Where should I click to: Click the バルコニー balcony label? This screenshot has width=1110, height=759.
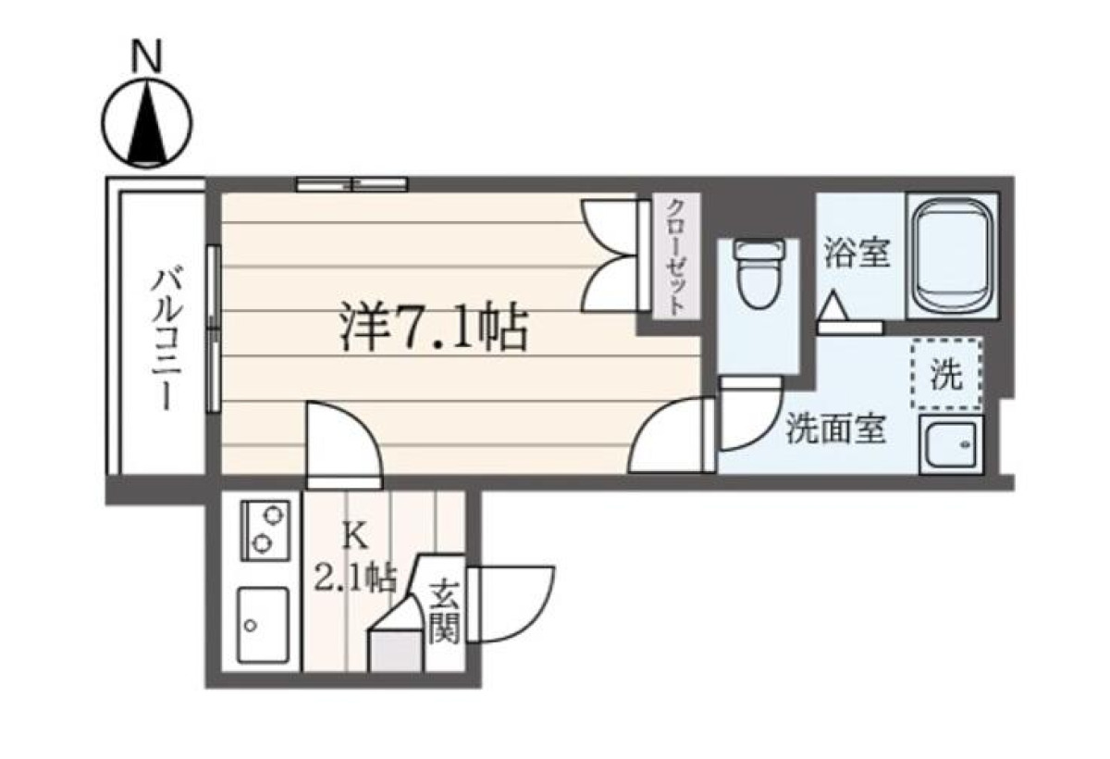[167, 339]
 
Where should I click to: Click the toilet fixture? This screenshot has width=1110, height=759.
[759, 274]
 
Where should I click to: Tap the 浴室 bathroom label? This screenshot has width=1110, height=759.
[857, 253]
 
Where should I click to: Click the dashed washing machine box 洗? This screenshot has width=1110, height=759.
[947, 374]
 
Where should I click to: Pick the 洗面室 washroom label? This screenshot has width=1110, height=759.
[836, 429]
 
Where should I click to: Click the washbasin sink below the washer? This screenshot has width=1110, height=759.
[952, 444]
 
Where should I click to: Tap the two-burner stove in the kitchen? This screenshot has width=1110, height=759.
[265, 531]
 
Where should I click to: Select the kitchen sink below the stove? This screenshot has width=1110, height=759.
[263, 625]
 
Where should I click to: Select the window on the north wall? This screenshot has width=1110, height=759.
[351, 184]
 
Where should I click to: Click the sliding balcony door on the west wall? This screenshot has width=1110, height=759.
[214, 329]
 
